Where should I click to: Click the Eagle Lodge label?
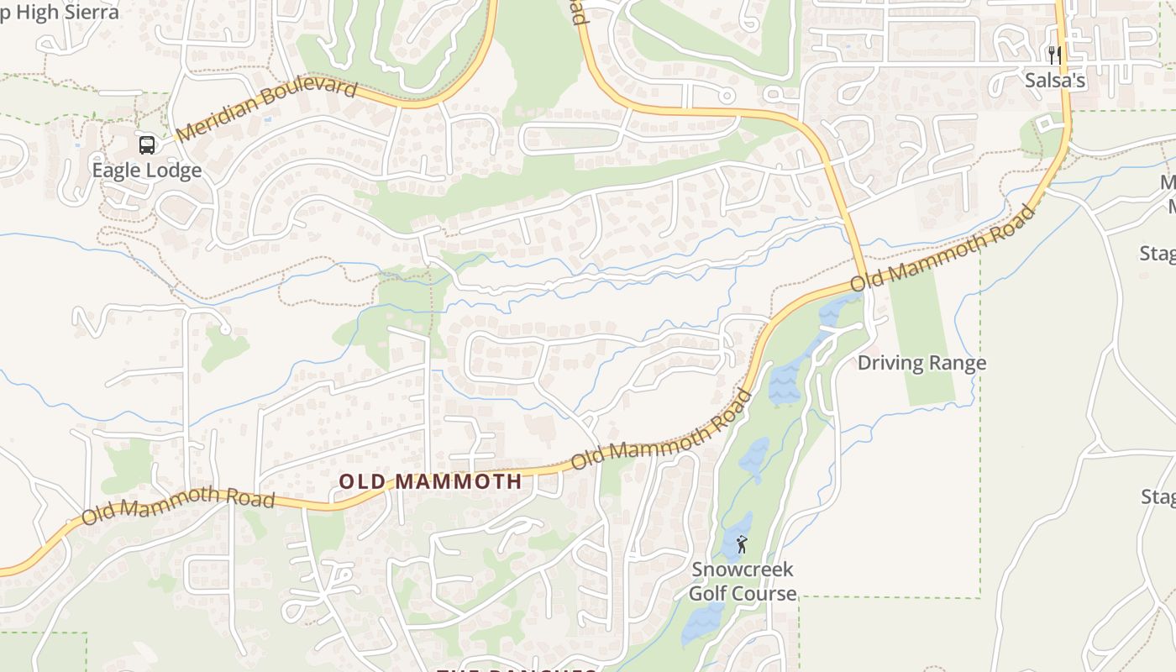(146, 171)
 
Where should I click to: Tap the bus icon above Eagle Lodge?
(147, 145)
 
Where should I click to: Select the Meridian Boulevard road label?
(268, 110)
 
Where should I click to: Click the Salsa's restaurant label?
(1055, 81)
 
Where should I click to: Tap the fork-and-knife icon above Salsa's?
(1054, 55)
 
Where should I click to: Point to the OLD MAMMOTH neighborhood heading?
(430, 481)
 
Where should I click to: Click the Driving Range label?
(921, 363)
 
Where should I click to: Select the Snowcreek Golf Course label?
(743, 581)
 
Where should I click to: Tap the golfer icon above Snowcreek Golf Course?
(742, 545)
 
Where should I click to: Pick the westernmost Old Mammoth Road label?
(179, 503)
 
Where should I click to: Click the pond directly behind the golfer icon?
(732, 538)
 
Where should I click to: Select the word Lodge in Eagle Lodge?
(174, 171)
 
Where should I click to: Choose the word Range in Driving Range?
(958, 363)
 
